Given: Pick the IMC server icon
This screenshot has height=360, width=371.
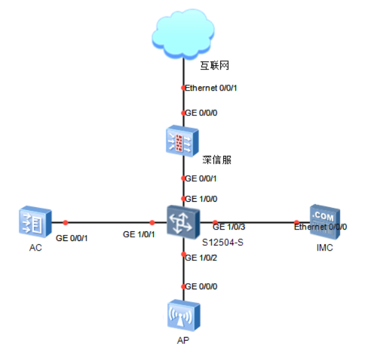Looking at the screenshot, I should (325, 221).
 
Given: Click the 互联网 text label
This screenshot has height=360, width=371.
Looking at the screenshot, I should (215, 65).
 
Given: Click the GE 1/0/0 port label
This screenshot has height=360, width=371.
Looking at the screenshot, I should (201, 198).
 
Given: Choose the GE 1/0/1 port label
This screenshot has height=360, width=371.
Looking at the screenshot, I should (139, 234).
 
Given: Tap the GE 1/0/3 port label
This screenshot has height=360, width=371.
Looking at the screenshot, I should (230, 227).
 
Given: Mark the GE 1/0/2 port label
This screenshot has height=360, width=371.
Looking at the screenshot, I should (201, 257).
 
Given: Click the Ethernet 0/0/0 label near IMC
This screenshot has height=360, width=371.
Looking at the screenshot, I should (320, 227).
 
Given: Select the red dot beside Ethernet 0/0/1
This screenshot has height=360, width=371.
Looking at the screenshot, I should (183, 88).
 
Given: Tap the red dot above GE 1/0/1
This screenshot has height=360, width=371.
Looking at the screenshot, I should (152, 222).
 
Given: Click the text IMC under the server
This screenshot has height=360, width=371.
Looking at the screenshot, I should (324, 248).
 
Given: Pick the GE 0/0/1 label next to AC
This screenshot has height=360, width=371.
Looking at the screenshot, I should (72, 237).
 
